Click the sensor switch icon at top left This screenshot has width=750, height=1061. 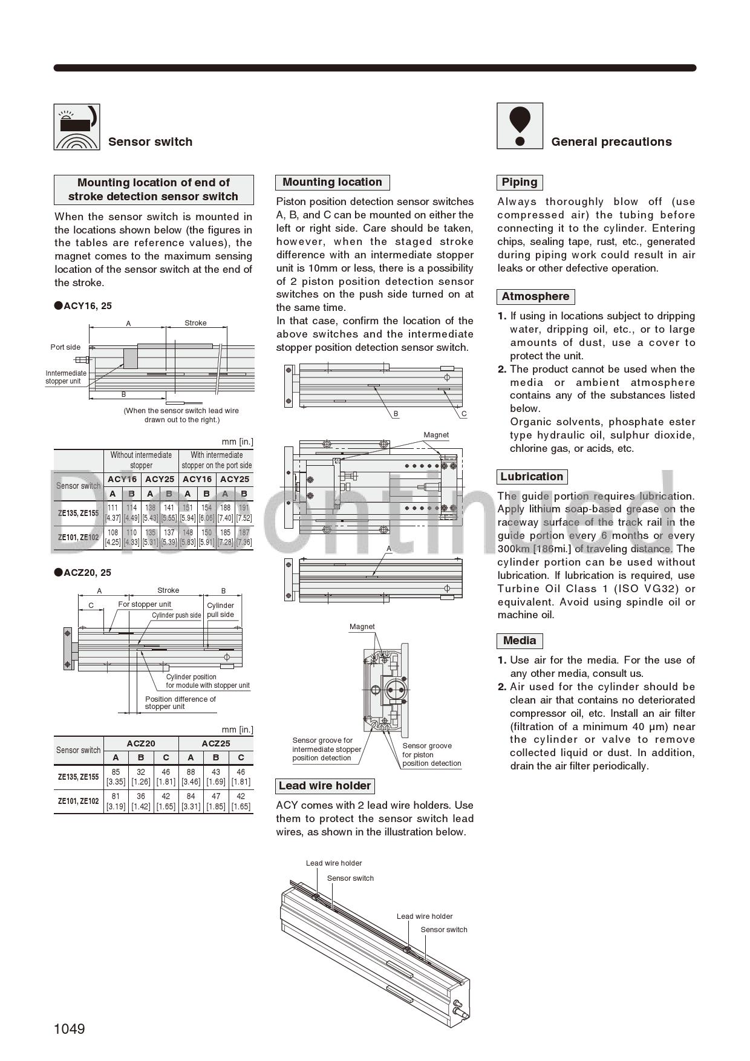pyautogui.click(x=77, y=127)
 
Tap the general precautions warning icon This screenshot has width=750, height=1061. pyautogui.click(x=520, y=126)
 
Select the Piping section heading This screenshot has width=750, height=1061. pyautogui.click(x=520, y=182)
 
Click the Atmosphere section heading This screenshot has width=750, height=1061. pyautogui.click(x=535, y=296)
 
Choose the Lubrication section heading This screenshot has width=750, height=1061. pyautogui.click(x=532, y=477)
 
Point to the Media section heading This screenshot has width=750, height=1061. pyautogui.click(x=520, y=641)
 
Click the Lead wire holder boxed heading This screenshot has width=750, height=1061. pyautogui.click(x=325, y=786)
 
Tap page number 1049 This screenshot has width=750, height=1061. pyautogui.click(x=70, y=1029)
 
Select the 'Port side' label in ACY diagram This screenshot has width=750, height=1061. pyautogui.click(x=65, y=347)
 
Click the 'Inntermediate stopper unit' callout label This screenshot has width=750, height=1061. pyautogui.click(x=66, y=377)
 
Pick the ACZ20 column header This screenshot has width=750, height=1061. pyautogui.click(x=141, y=743)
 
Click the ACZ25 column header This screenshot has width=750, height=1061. pyautogui.click(x=216, y=743)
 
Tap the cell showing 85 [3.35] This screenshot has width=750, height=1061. pyautogui.click(x=116, y=777)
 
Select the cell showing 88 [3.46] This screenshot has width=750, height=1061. pyautogui.click(x=191, y=777)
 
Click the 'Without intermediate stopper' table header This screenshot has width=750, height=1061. pyautogui.click(x=141, y=460)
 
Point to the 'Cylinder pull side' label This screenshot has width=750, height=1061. pyautogui.click(x=220, y=610)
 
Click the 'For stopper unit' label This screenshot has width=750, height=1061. pyautogui.click(x=145, y=604)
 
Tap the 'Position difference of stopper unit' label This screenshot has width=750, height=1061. pyautogui.click(x=180, y=703)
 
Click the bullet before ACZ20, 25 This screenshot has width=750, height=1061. pyautogui.click(x=59, y=572)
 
